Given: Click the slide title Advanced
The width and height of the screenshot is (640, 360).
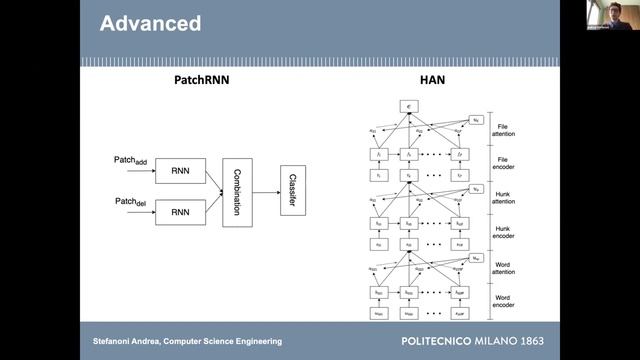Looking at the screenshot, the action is pos(151,22).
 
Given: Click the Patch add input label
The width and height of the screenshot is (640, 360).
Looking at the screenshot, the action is pos(130,161).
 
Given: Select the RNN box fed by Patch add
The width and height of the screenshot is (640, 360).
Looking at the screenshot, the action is pos(181,170).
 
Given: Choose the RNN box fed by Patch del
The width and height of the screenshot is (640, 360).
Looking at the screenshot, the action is pos(181,212).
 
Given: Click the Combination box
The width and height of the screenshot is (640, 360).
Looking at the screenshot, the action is pos(238,191).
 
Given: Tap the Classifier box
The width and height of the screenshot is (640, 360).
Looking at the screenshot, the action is pos(294,191).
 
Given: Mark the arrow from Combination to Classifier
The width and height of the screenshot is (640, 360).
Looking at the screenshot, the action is pos(266,191).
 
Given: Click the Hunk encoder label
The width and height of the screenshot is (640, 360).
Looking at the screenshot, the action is pos(502,232).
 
